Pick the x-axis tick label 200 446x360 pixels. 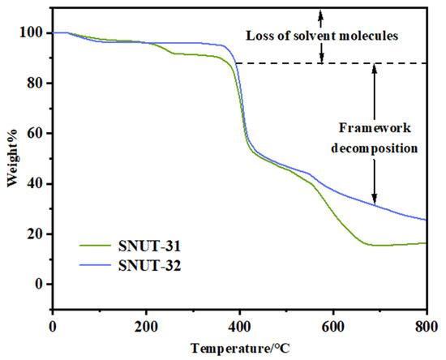(x=146, y=326)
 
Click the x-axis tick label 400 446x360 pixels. (x=239, y=326)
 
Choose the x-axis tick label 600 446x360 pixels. (x=333, y=326)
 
